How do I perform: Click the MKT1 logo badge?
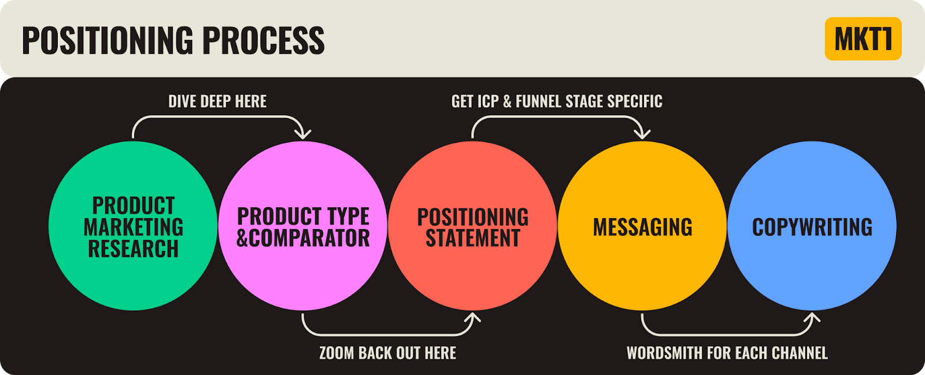[x=863, y=39]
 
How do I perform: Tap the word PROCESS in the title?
[x=263, y=40]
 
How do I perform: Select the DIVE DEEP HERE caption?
[x=217, y=101]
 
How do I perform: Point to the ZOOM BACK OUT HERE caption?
[x=387, y=353]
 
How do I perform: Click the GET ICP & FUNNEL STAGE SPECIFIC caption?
[x=557, y=101]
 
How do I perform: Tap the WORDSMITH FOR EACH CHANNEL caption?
[x=727, y=353]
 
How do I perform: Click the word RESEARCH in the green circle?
[x=133, y=249]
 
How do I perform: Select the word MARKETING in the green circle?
[x=133, y=227]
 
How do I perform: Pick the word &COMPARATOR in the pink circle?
[x=303, y=238]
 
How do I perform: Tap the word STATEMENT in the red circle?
[x=473, y=238]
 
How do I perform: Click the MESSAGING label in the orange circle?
[x=642, y=227]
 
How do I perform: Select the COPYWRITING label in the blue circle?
[x=812, y=227]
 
